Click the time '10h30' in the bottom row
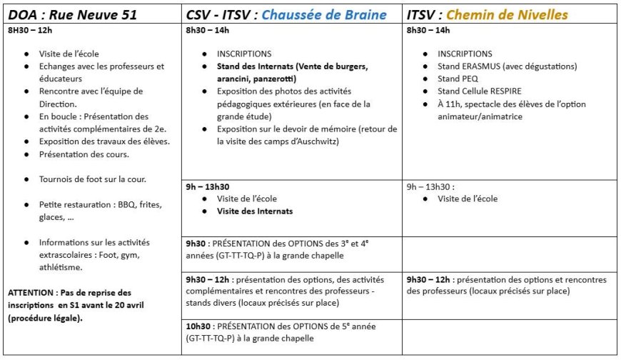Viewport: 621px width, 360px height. (198, 326)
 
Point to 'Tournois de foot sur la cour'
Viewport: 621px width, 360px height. (87, 179)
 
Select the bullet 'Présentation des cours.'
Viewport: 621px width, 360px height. (84, 154)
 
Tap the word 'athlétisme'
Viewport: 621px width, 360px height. (61, 267)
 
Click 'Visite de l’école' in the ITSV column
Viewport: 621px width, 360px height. (468, 199)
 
